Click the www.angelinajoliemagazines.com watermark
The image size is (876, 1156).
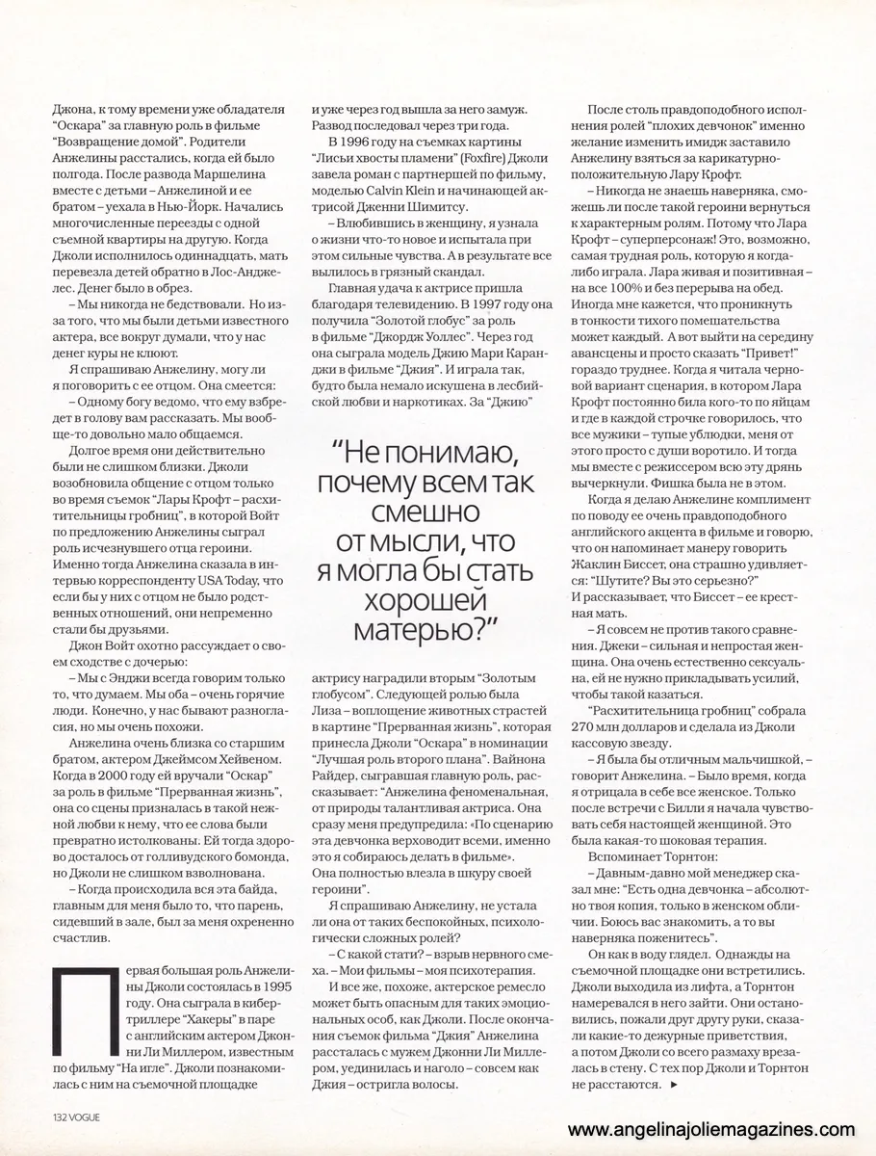point(710,1130)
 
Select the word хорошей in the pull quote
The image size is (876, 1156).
point(422,603)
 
